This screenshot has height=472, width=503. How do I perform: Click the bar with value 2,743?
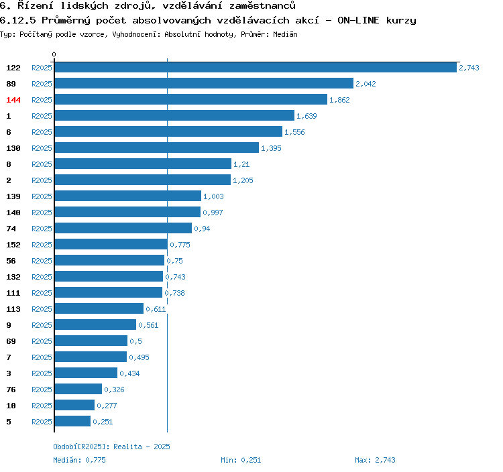[x=256, y=67]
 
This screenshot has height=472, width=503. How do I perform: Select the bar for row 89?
[x=204, y=83]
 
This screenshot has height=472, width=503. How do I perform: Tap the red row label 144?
[x=13, y=100]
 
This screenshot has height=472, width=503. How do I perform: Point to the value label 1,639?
[x=306, y=116]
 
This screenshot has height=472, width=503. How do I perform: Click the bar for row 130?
[x=157, y=147]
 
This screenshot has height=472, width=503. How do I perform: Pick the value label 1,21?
[x=241, y=164]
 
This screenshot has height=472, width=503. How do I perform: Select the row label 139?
[x=13, y=196]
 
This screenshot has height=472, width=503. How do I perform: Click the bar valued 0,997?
[x=127, y=213]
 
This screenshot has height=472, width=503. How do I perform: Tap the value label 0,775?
[x=180, y=245]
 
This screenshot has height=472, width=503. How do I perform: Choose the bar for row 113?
[x=99, y=309]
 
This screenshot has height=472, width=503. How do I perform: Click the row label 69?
[x=11, y=341]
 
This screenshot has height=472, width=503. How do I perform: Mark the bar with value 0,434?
[x=86, y=373]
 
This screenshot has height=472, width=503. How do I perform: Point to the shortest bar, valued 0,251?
[x=72, y=421]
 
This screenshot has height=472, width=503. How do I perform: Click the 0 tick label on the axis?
[x=54, y=54]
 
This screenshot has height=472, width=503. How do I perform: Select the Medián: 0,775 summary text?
[x=79, y=460]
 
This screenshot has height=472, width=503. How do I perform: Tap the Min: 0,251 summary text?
[x=241, y=460]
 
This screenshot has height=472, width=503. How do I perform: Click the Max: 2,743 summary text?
[x=375, y=460]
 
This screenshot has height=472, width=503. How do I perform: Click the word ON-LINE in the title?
[x=358, y=20]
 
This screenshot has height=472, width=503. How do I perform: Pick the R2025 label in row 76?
[x=42, y=390]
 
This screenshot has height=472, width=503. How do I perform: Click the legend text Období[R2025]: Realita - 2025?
[x=111, y=447]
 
